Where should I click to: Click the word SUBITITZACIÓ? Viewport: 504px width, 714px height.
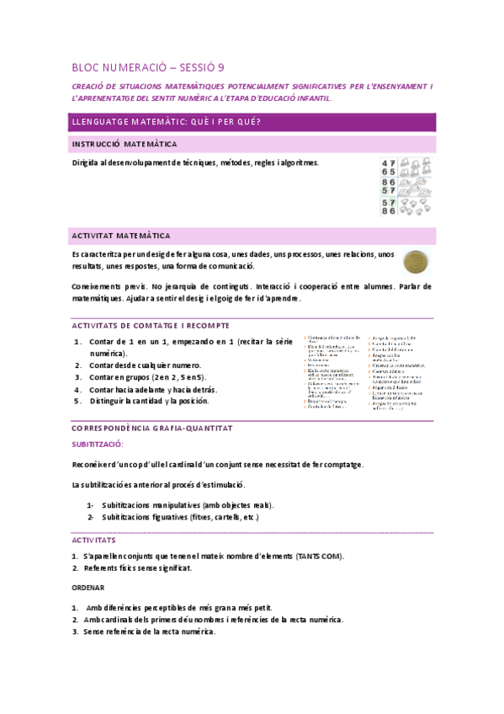98,443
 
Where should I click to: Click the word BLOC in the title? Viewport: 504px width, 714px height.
85,67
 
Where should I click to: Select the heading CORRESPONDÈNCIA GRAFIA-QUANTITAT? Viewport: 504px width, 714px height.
151,428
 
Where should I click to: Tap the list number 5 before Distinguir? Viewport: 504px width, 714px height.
77,401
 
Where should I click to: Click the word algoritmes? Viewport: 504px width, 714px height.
300,163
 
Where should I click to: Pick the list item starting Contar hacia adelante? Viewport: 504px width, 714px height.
146,390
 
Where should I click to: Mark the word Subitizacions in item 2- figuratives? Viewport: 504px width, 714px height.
129,516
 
